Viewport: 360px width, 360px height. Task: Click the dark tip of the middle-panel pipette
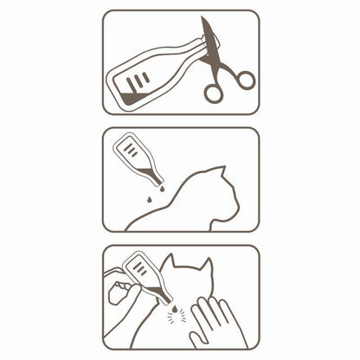tap(157, 182)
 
